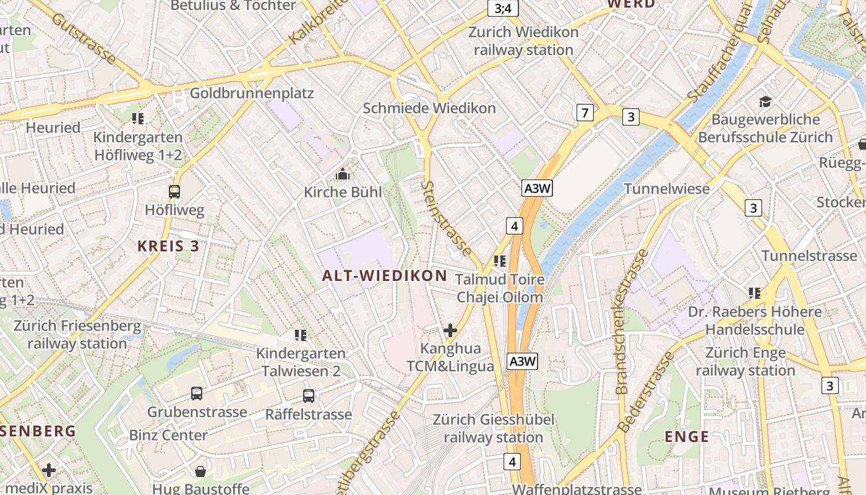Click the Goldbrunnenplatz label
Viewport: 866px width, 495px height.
[252, 93]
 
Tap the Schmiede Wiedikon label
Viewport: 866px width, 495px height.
[429, 108]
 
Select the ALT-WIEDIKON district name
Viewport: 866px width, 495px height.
[385, 276]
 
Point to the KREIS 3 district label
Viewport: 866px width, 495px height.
[168, 246]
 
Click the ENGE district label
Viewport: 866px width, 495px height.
[687, 437]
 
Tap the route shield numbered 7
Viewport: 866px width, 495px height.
[585, 113]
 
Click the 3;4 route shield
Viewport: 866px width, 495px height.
[503, 8]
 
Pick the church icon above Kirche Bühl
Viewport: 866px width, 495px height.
[342, 175]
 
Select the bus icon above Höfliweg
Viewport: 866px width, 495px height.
[174, 192]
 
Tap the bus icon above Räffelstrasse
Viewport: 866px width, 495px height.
[308, 396]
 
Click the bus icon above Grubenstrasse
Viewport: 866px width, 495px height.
[197, 394]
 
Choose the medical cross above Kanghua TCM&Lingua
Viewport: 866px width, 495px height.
[450, 330]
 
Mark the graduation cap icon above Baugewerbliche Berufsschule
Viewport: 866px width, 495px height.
[766, 101]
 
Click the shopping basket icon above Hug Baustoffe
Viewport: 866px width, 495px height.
[200, 471]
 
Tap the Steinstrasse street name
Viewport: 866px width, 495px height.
[447, 218]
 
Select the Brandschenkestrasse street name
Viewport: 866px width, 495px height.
[632, 322]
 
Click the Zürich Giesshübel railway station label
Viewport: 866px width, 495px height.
[493, 429]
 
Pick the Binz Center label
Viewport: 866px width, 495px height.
[168, 435]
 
